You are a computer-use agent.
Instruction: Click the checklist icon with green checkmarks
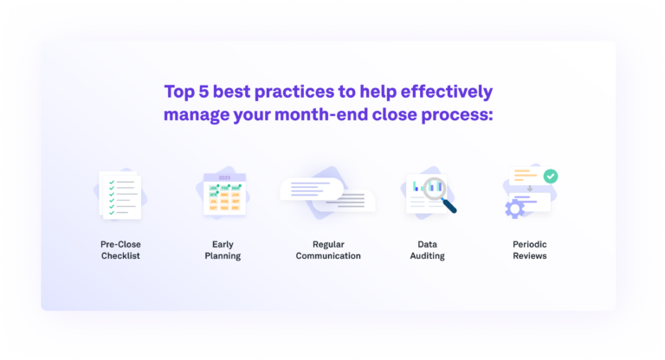[119, 194]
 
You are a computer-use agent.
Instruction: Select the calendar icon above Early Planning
[223, 194]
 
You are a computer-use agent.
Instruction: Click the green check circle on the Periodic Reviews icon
[551, 176]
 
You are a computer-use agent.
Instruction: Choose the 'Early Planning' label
[223, 250]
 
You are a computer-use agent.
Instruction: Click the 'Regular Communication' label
[328, 250]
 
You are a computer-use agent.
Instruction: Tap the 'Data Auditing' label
[425, 250]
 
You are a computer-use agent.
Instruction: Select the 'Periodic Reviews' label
[529, 250]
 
